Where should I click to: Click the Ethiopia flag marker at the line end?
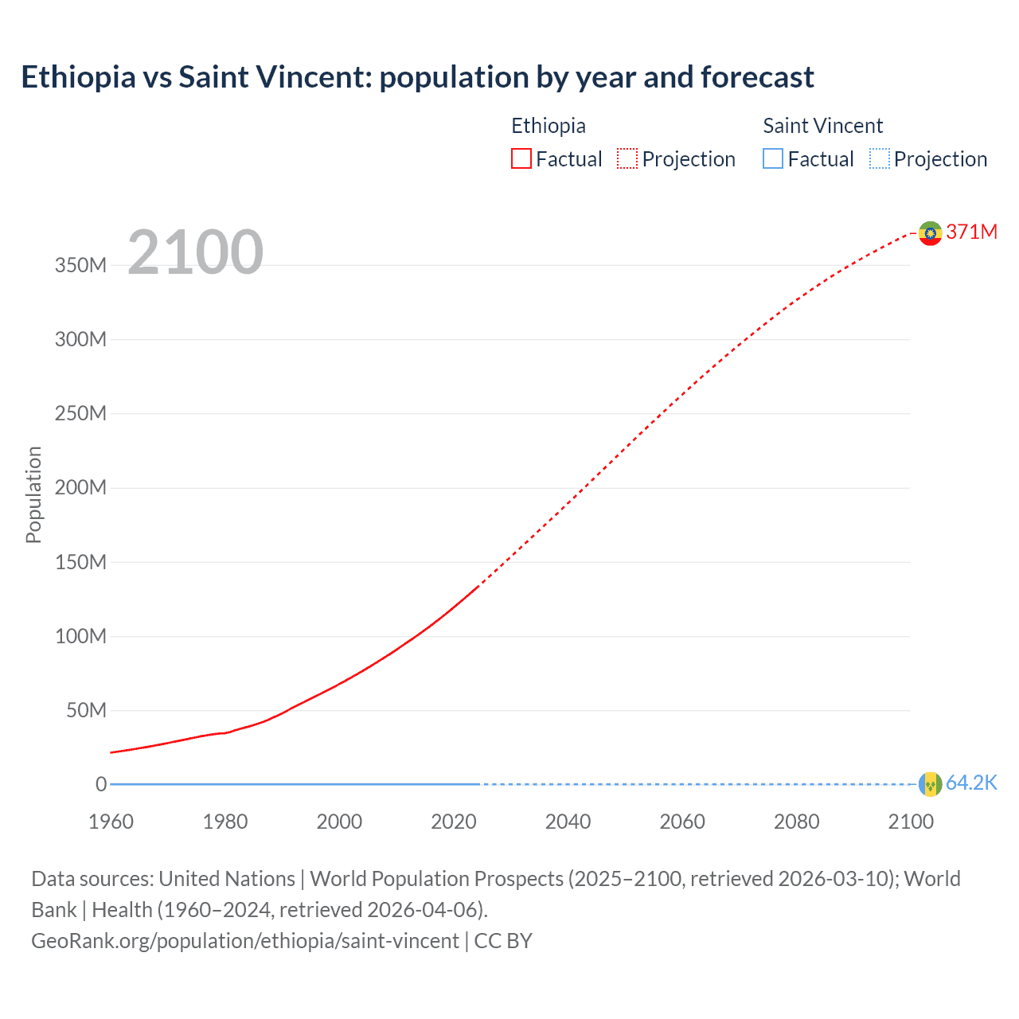930,233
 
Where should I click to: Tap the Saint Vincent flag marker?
930,784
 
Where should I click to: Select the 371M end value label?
971,232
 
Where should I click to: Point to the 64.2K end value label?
971,783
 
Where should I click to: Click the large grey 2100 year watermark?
195,252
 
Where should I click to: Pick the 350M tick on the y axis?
80,266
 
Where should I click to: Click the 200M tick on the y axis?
80,488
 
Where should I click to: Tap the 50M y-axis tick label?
86,710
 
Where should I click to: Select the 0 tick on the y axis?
101,784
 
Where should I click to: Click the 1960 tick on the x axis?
111,822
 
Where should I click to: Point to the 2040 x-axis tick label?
568,822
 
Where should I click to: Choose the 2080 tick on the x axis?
796,822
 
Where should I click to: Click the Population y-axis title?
33,494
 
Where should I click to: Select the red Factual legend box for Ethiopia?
521,159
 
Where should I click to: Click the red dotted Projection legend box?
627,159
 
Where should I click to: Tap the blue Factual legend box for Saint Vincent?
772,159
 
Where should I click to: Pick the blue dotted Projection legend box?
879,159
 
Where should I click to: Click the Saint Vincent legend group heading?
822,126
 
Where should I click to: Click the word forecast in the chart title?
757,77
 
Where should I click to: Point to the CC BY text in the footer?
503,941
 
